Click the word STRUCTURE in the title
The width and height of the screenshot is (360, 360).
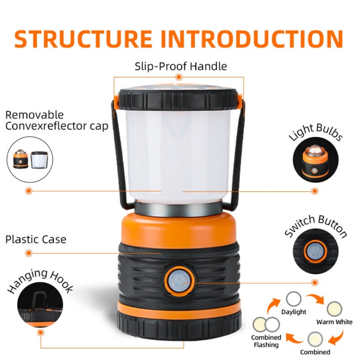click(83, 39)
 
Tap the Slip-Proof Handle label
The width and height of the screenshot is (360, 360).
click(181, 66)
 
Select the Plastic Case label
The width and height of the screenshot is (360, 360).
click(36, 239)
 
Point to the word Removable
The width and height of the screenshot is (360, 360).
click(35, 115)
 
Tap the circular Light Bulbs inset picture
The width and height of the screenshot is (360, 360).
click(315, 160)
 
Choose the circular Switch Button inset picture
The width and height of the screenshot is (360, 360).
click(315, 251)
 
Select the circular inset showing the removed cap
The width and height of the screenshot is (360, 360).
click(30, 159)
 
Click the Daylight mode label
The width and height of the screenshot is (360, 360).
click(294, 312)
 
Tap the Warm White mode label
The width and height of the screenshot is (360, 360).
click(334, 322)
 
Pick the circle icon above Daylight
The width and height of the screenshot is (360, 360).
click(294, 299)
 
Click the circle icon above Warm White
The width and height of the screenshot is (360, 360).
click(334, 309)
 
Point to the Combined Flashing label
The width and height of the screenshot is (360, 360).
click(266, 341)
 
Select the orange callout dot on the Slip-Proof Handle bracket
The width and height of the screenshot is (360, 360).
click(179, 77)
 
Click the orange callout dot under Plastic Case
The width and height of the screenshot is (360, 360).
click(29, 253)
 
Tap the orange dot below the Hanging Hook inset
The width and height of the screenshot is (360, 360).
click(40, 332)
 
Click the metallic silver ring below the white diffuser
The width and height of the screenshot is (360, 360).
click(178, 209)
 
